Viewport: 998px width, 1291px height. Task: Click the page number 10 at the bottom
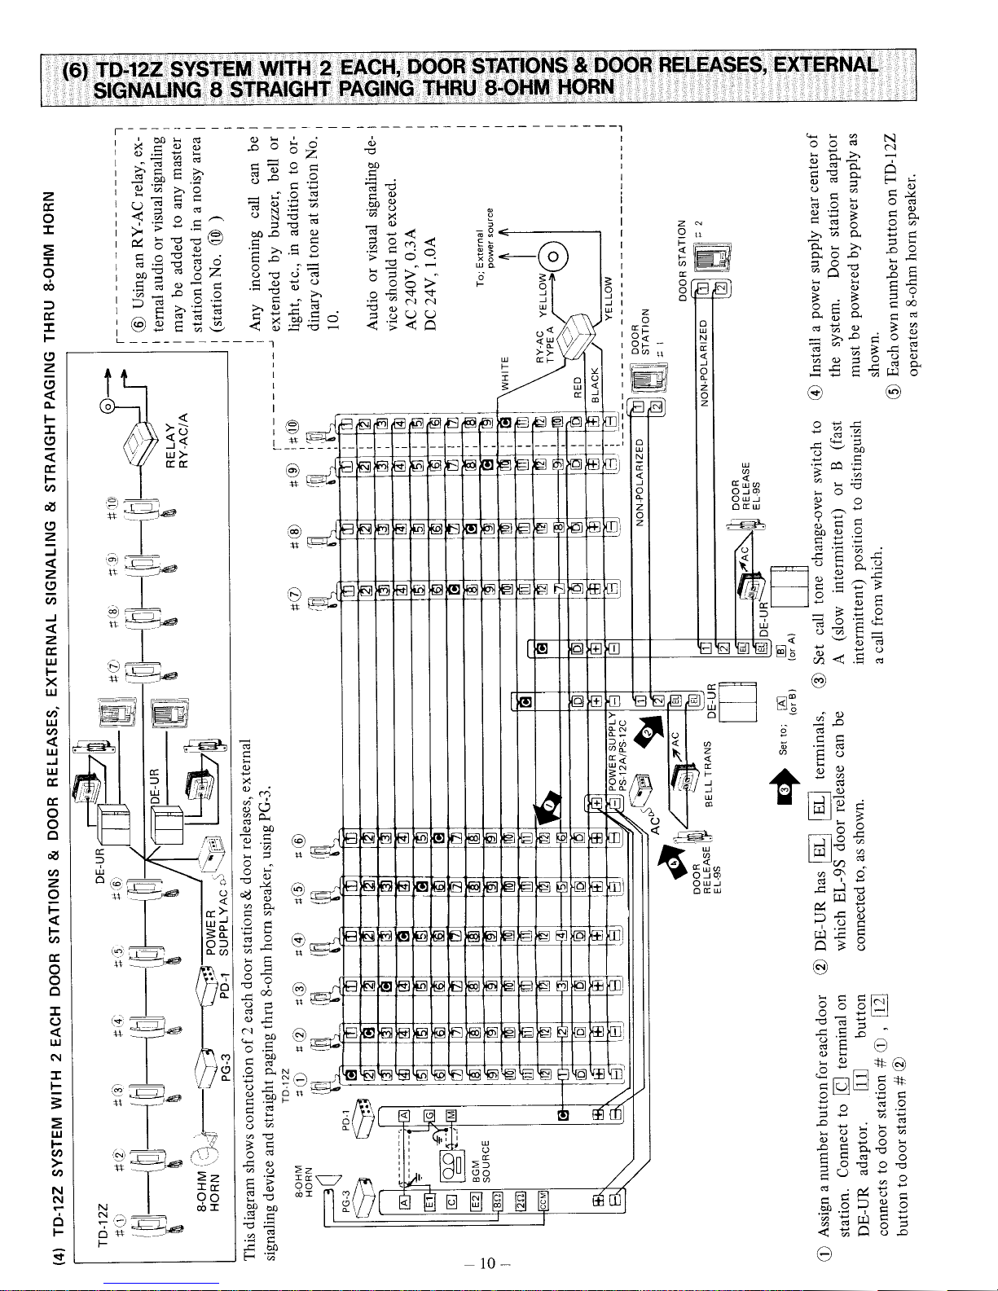tap(487, 1262)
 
